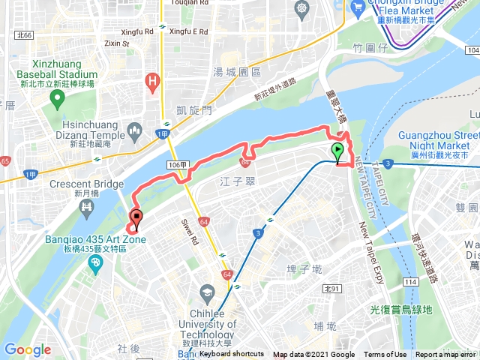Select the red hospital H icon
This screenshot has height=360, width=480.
154,80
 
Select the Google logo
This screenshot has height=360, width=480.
28,349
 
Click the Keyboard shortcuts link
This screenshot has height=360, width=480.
232,354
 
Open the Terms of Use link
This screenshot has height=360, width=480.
385,355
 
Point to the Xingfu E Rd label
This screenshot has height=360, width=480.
188,31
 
